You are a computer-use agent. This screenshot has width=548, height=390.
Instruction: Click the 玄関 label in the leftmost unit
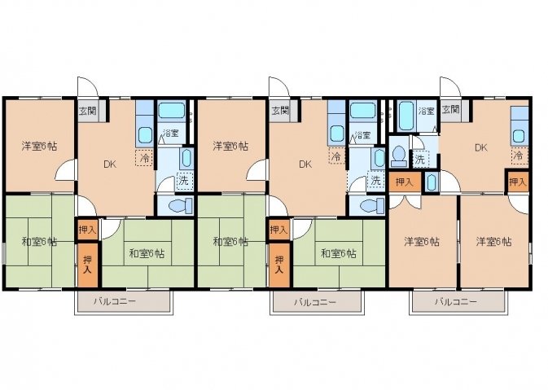tap(87, 111)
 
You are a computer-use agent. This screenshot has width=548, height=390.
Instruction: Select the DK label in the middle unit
tap(305, 164)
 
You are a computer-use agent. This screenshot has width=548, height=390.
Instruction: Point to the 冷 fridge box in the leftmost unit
tap(144, 158)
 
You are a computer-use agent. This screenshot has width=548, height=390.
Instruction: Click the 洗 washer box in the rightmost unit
tap(420, 159)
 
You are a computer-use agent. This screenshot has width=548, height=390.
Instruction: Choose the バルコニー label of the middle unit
tap(315, 302)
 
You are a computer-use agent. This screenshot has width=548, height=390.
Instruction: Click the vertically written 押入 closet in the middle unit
tap(279, 265)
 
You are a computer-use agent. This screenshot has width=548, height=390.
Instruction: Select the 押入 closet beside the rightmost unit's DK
tap(518, 182)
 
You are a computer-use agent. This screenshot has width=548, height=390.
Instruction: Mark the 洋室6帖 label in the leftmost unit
tap(40, 146)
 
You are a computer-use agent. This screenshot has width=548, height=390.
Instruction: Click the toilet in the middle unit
tap(371, 206)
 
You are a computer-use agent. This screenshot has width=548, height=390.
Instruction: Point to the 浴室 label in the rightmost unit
tap(427, 111)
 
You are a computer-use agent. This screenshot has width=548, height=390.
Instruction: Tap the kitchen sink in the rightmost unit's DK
tap(519, 136)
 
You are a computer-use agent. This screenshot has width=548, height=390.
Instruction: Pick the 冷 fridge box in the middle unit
tap(336, 156)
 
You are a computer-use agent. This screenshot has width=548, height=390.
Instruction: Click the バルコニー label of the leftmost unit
tap(115, 302)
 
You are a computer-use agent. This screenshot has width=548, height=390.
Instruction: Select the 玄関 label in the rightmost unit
tap(450, 110)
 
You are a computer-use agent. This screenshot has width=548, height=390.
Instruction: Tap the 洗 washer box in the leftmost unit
tap(184, 181)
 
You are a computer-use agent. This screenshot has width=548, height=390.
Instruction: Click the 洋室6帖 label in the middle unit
tap(230, 146)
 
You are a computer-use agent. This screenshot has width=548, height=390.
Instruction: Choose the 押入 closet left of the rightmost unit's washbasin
tap(405, 182)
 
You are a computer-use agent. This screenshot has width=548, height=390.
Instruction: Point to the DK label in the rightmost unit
tap(481, 147)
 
